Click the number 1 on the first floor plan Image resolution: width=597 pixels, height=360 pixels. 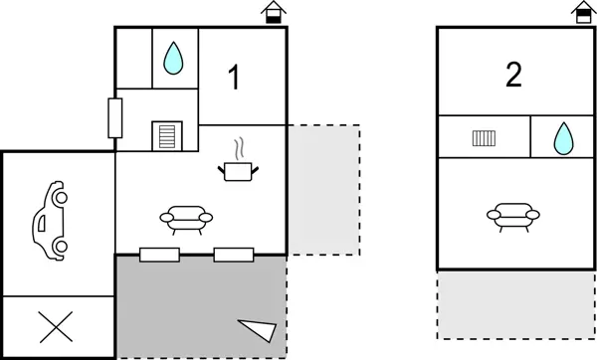(235, 78)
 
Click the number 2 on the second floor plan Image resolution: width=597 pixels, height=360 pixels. (513, 76)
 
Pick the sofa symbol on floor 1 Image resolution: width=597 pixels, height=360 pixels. (186, 217)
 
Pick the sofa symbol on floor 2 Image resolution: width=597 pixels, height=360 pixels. (513, 215)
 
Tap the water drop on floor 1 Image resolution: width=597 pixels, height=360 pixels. (174, 60)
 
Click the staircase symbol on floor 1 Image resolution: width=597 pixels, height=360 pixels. (166, 134)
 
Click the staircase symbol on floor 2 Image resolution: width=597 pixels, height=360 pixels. (484, 137)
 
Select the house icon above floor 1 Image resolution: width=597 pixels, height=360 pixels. (271, 13)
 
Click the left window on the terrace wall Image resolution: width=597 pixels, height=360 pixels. (159, 255)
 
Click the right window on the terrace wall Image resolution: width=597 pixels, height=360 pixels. (235, 255)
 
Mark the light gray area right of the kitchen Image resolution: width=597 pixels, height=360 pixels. (322, 189)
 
